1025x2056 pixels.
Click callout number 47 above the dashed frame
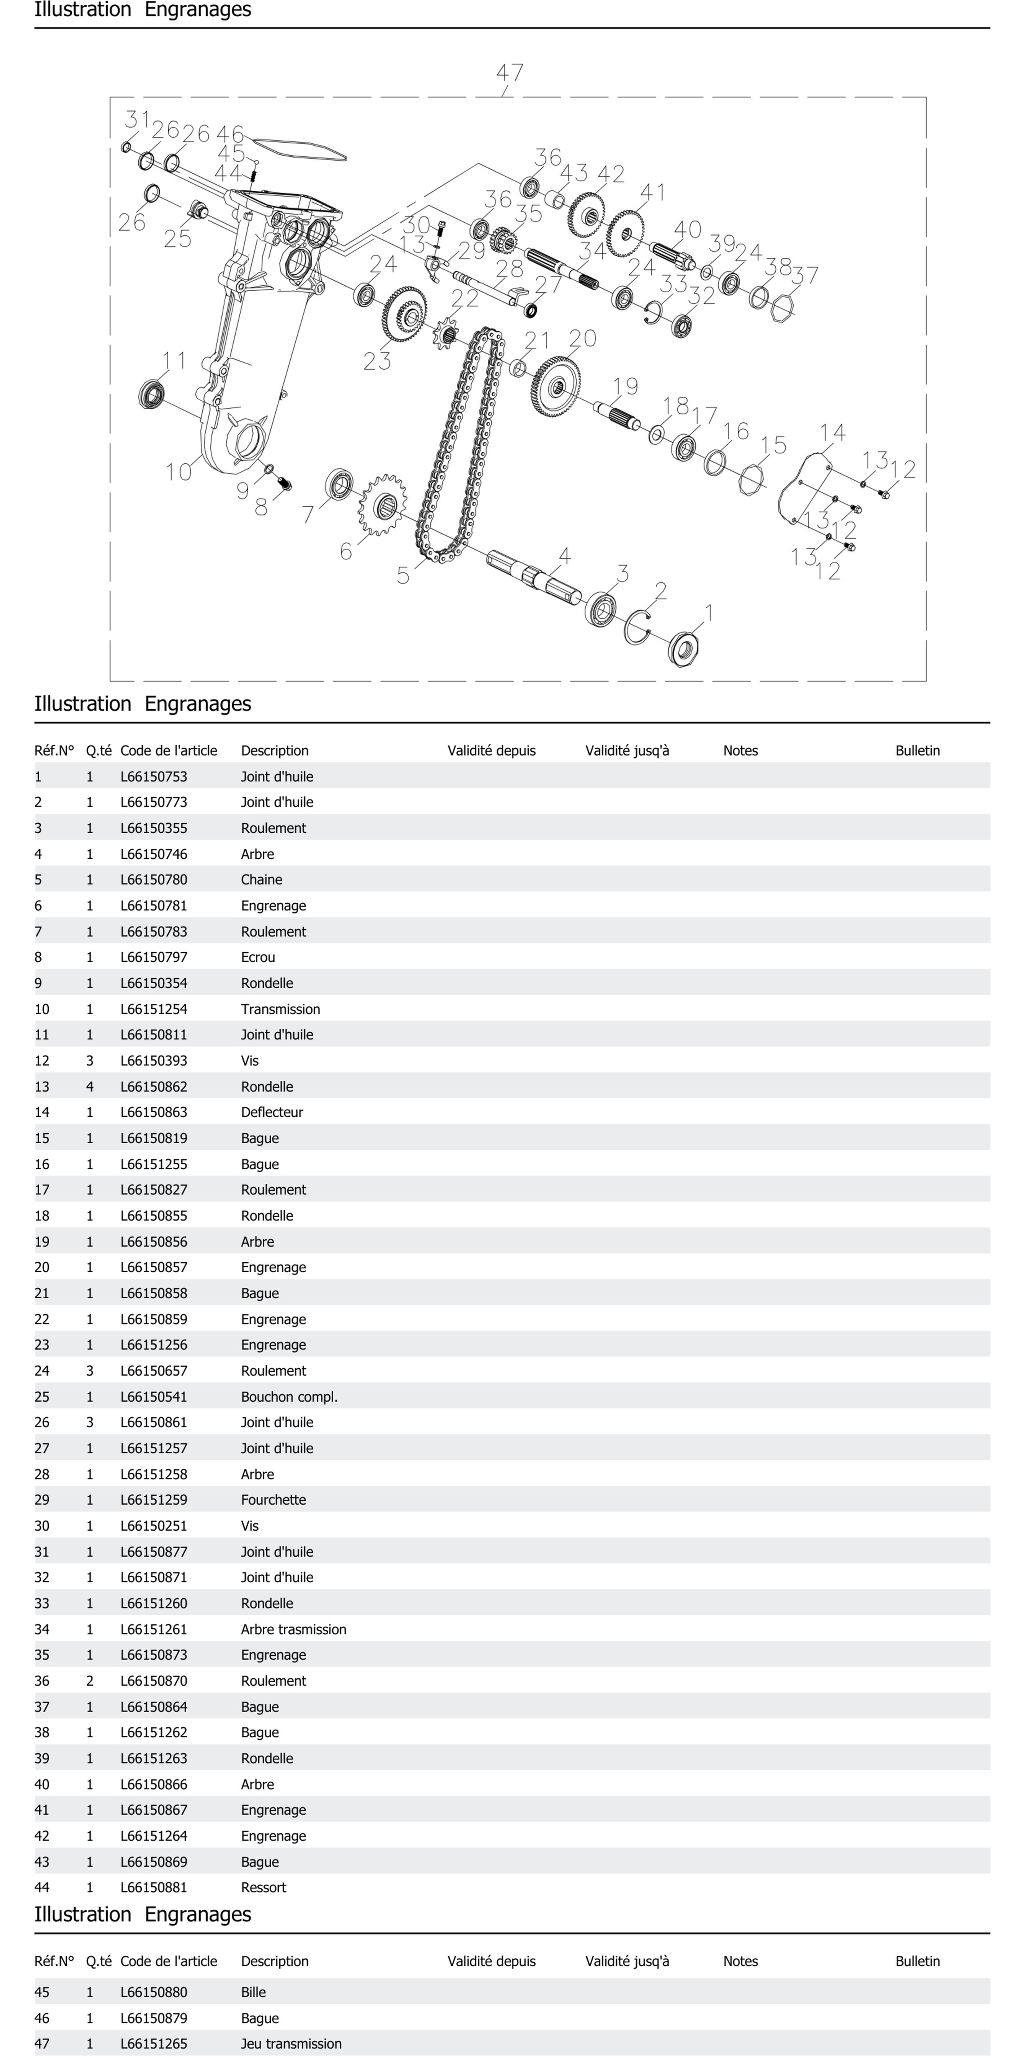pos(510,73)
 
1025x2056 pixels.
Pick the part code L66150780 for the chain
pos(154,879)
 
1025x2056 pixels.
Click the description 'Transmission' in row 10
pos(280,1009)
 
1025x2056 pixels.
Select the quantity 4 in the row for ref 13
pos(89,1086)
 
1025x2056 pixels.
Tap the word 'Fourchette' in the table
pos(273,1500)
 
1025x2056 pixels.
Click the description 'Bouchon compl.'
pos(289,1397)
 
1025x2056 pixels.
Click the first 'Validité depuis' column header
pos(491,750)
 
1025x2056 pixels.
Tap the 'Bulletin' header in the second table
pos(917,1961)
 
